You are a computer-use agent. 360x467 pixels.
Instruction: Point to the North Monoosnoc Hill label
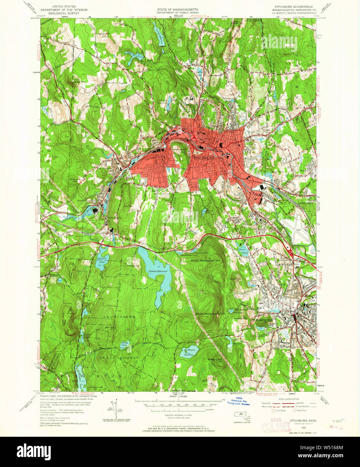pos(206,260)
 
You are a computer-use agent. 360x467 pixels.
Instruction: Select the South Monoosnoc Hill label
pos(210,314)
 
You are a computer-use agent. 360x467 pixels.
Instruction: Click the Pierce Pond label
pos(242,251)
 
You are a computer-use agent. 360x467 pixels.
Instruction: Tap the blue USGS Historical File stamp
pos(240,402)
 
